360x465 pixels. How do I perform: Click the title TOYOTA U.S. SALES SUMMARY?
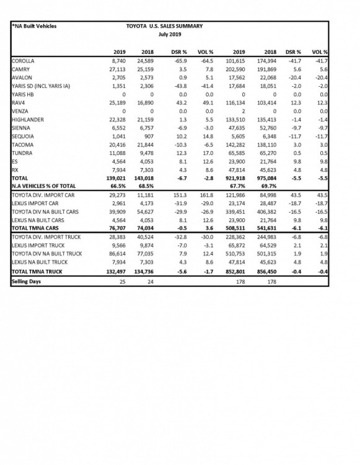pyautogui.click(x=165, y=26)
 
